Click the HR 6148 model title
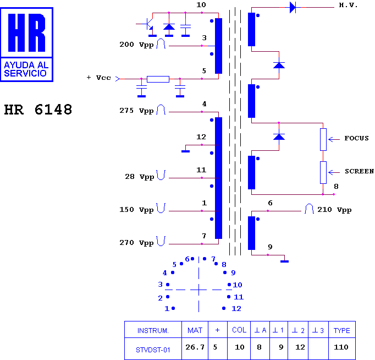point(38,110)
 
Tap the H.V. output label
point(348,5)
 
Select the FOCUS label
point(356,138)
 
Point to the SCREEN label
point(359,171)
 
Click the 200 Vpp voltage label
point(136,45)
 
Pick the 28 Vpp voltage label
point(140,177)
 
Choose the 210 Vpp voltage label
point(334,210)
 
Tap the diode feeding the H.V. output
point(293,7)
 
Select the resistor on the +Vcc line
point(158,79)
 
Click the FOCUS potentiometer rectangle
point(323,140)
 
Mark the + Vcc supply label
point(99,78)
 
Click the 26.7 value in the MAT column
point(195,347)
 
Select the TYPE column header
point(342,331)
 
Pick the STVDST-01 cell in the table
point(153,350)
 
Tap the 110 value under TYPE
point(341,347)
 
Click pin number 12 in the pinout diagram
point(236,309)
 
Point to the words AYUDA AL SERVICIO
point(26,69)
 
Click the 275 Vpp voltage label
point(136,111)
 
